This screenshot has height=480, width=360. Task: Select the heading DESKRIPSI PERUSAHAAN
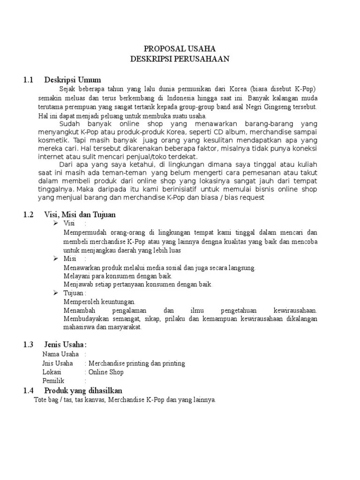[180, 59]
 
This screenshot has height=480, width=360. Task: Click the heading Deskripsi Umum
[72, 80]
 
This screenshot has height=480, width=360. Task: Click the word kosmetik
[53, 140]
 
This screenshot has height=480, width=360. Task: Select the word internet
[50, 157]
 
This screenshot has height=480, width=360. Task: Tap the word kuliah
[306, 165]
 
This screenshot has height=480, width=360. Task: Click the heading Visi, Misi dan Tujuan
[80, 215]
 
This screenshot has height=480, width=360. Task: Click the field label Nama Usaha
[60, 354]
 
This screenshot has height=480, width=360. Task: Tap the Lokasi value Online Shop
[106, 372]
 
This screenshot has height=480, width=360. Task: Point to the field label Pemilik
[53, 381]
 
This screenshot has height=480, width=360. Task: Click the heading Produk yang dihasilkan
[83, 390]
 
